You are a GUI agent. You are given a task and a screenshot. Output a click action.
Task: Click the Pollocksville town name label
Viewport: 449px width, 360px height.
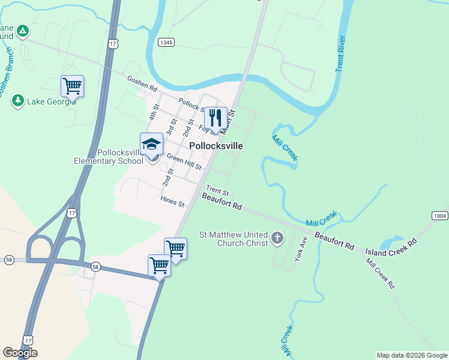(x=215, y=146)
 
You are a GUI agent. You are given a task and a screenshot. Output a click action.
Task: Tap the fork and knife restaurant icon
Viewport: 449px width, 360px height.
(x=215, y=118)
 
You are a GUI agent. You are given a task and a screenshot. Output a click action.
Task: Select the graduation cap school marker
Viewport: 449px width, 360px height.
(x=151, y=144)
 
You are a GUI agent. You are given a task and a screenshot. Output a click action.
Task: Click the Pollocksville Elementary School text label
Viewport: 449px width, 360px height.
(x=109, y=157)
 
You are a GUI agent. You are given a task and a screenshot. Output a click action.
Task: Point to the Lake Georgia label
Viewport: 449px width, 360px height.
(x=51, y=101)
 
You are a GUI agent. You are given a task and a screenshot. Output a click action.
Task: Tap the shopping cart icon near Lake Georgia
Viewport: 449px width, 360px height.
(x=72, y=86)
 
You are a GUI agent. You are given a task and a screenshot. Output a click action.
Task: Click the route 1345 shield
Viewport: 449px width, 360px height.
(x=166, y=42)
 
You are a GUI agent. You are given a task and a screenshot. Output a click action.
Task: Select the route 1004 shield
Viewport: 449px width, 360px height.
(x=439, y=215)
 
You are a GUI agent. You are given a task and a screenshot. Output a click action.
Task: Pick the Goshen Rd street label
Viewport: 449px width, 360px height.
(x=142, y=83)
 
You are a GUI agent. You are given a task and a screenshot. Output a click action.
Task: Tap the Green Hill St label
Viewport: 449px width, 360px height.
(x=184, y=161)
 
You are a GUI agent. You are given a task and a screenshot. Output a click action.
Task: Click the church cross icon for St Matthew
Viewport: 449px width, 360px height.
(x=277, y=239)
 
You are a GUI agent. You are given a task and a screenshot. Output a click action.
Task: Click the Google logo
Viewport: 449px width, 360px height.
(x=20, y=353)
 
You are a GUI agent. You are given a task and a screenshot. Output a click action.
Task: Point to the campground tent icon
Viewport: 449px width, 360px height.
(x=22, y=30)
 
